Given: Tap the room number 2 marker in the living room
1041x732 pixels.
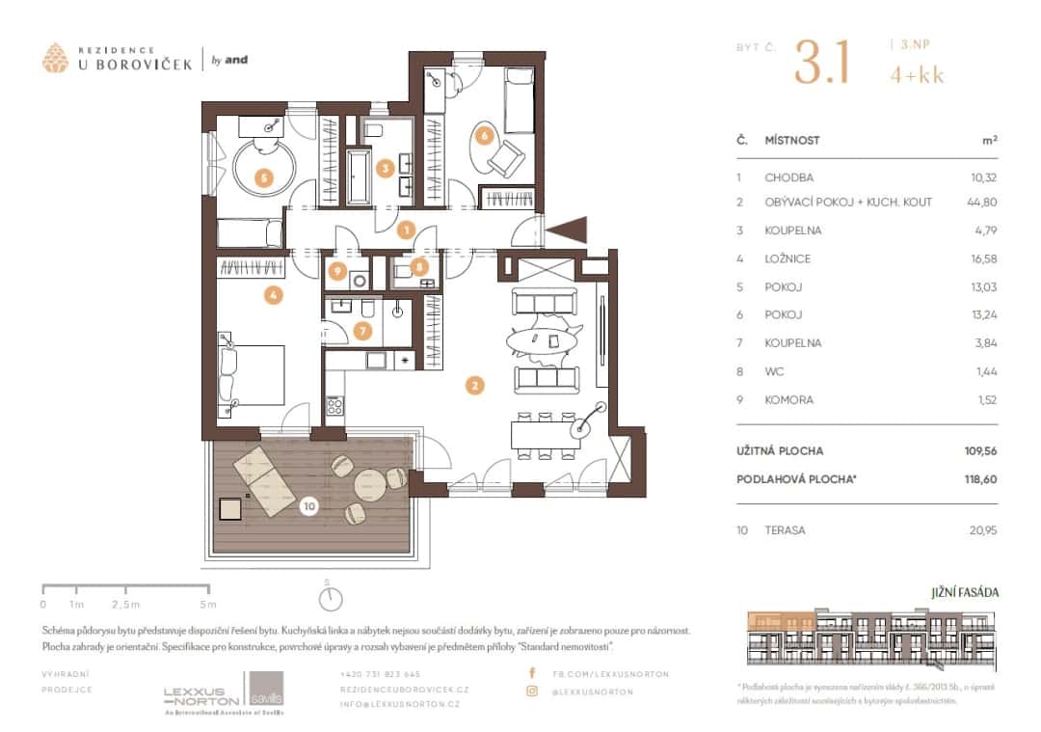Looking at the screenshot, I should coord(473,386).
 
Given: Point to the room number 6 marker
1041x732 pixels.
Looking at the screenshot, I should coord(484,136).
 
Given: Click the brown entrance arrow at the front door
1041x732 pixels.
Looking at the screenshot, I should coord(567,230).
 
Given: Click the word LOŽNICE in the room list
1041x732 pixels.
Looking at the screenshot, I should coord(787,258).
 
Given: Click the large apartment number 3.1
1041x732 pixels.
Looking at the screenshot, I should coord(821,63).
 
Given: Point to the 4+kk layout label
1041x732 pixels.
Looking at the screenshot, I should coord(917,71).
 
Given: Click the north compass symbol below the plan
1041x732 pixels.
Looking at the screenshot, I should coord(331,598).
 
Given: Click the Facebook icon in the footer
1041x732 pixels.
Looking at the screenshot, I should coord(531,673).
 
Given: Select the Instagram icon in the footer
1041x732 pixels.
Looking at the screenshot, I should coord(531,691).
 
